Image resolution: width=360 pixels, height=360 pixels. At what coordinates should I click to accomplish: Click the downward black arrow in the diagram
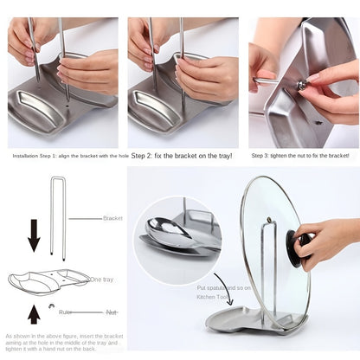pyautogui.click(x=34, y=234)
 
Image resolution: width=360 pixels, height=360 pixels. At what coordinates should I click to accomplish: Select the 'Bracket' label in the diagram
pyautogui.click(x=113, y=219)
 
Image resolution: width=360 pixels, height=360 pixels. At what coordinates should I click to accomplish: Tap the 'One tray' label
pyautogui.click(x=101, y=280)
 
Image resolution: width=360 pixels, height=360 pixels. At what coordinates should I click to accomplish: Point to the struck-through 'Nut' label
pyautogui.click(x=112, y=312)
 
